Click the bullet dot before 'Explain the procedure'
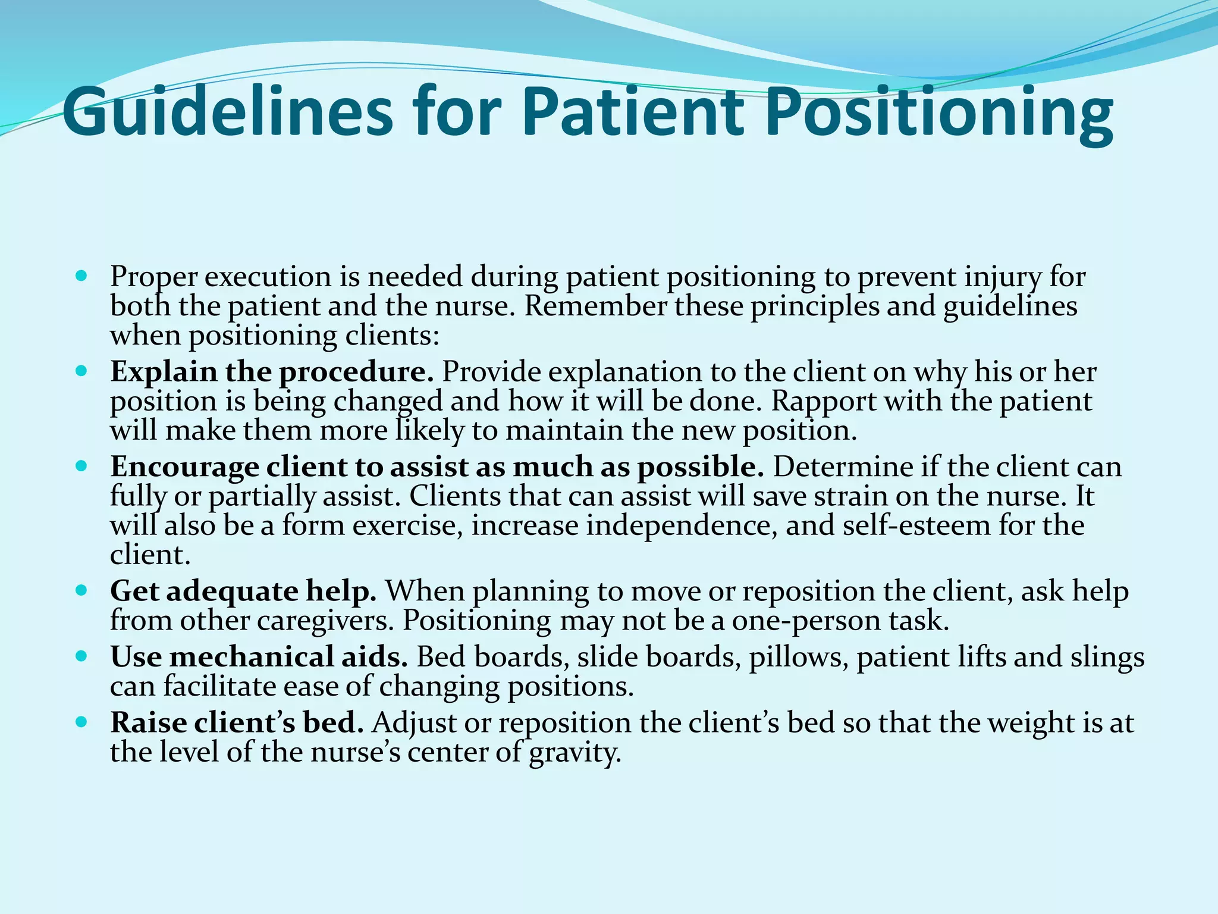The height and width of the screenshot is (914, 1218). (x=82, y=372)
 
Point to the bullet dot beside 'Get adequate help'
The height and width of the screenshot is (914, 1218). (x=82, y=591)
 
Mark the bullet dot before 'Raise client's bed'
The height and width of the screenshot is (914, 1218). (x=82, y=723)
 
